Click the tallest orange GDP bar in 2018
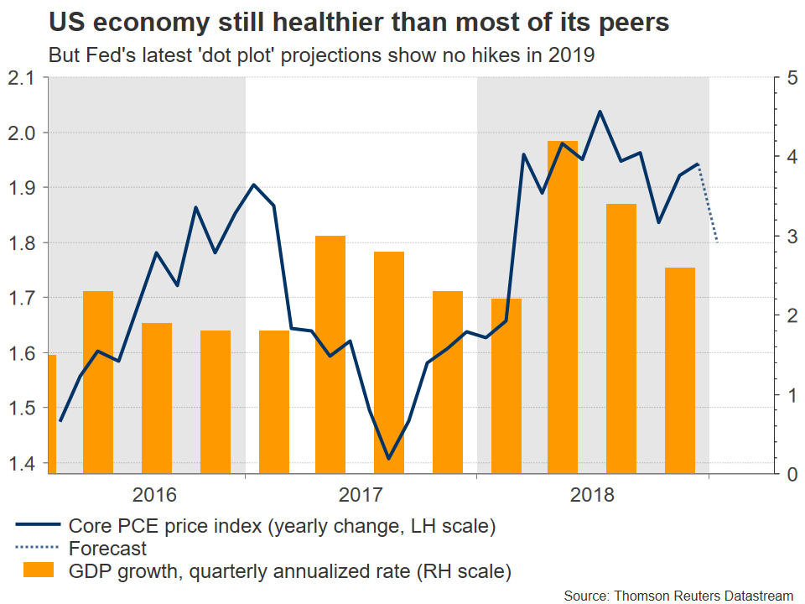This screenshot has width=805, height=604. [x=563, y=306]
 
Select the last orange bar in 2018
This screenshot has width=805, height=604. [x=680, y=369]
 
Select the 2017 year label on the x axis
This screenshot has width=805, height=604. [x=361, y=495]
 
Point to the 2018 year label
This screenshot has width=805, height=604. [x=593, y=495]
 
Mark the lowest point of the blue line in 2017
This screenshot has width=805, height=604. [x=388, y=458]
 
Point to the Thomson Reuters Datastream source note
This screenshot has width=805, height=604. [x=678, y=595]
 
